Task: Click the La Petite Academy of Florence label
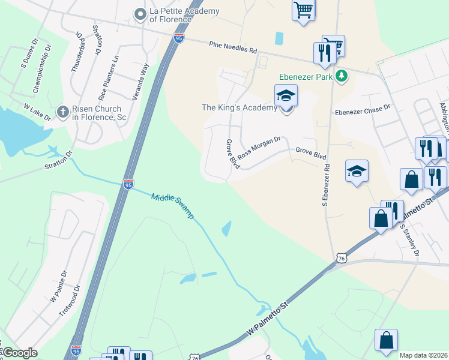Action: (170, 14)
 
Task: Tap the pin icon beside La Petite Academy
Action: (140, 13)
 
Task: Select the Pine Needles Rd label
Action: (233, 46)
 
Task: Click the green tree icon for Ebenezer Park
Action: (342, 76)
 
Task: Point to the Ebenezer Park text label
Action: (305, 77)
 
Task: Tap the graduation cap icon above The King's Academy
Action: (286, 95)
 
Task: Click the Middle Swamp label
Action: (172, 206)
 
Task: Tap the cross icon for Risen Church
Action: (62, 112)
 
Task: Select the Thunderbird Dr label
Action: (76, 52)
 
